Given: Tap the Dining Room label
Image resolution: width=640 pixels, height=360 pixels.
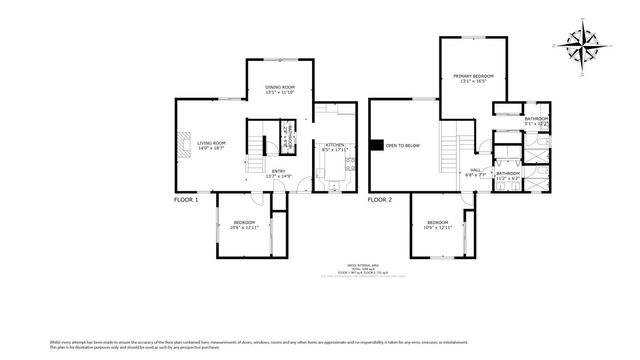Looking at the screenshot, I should coord(280,88).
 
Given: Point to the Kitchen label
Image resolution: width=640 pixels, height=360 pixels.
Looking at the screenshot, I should coord(334,145).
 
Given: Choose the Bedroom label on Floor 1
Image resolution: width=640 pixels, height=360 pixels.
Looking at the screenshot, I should coord(245,222).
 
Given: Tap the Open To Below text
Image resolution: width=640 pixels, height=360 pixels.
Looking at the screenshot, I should coord(402,146).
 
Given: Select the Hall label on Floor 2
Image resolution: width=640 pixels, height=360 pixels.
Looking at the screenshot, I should coord(476,170).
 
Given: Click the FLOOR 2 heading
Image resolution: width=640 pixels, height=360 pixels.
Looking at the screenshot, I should coord(379,200).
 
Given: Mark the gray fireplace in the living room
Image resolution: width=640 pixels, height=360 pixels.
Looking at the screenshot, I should coord(183,146).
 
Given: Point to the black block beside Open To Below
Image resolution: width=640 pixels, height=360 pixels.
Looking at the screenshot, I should coord(376,146).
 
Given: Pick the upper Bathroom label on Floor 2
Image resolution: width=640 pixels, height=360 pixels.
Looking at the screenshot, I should coord(536,119).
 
